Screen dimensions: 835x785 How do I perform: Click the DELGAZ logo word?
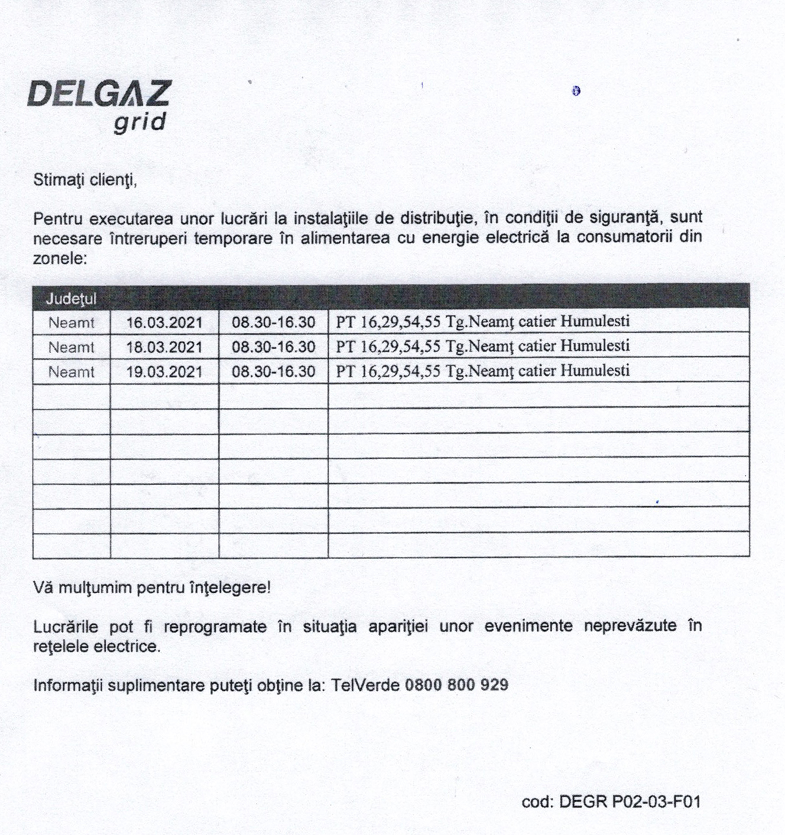pos(99,93)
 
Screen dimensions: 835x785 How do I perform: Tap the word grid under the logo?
pos(140,122)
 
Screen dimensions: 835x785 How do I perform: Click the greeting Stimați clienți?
pos(85,180)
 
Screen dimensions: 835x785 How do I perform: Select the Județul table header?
pos(71,299)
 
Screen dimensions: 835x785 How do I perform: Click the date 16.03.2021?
pos(164,323)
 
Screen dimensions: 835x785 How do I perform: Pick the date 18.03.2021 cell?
pos(164,347)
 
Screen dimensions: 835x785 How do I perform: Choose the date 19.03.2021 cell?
pos(164,372)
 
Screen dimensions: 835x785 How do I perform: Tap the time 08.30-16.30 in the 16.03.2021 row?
pos(273,323)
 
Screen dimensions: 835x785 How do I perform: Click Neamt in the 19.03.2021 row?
pos(71,372)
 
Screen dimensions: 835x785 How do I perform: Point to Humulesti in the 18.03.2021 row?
pos(595,346)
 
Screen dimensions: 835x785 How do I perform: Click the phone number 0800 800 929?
pos(456,685)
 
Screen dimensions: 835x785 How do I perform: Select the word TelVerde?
pos(365,685)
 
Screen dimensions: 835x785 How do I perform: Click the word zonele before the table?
pos(60,259)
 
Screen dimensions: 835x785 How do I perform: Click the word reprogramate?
pos(215,626)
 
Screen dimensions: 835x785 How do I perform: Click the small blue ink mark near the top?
pos(576,91)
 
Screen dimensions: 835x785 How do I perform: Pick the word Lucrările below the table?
pos(66,626)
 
